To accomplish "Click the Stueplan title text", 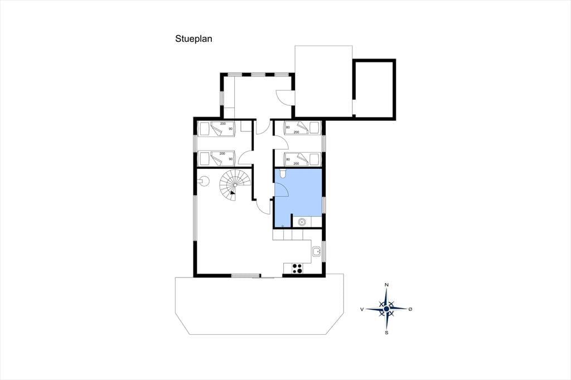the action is [x=193, y=39].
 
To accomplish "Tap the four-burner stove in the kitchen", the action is [x=297, y=269].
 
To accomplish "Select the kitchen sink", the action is [x=316, y=251].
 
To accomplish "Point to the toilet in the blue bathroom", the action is [x=283, y=173].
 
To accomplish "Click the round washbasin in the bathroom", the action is [x=302, y=221].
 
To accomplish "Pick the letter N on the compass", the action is [x=387, y=285].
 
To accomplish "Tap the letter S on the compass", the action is [x=386, y=332].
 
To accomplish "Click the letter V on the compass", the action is [x=362, y=309].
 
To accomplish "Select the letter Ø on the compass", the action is [x=410, y=309].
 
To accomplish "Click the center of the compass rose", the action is [x=386, y=309].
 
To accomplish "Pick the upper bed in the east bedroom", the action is [x=302, y=128].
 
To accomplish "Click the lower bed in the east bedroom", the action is [x=302, y=159].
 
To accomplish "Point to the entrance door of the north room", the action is [x=284, y=97].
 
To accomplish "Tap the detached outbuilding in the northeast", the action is [x=374, y=89].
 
